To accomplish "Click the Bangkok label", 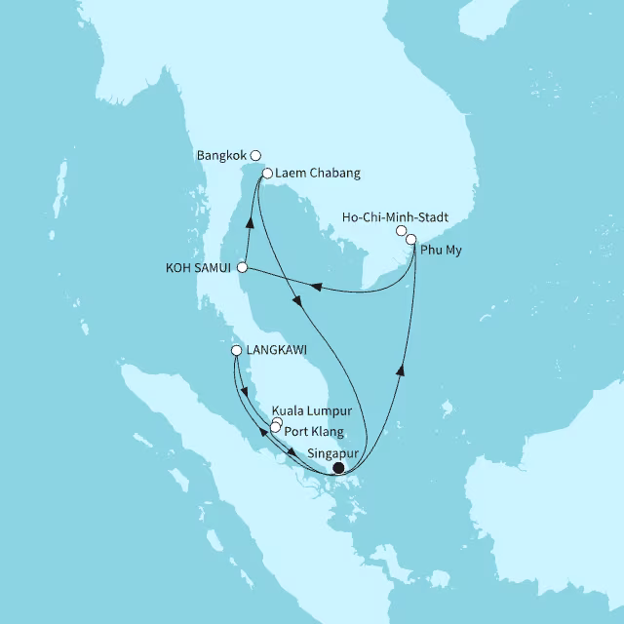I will click(x=221, y=154).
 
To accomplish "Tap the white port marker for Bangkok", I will click(x=255, y=154).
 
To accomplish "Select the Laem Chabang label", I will click(x=318, y=174).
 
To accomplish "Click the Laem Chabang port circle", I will click(x=267, y=174).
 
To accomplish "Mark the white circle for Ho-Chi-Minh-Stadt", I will click(x=402, y=231).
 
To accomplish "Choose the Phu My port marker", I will click(x=411, y=239).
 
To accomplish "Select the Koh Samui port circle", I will click(x=243, y=267).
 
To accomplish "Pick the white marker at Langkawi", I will click(x=236, y=351).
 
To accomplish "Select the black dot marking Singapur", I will click(x=338, y=468).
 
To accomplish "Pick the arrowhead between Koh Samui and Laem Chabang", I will click(x=250, y=221).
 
